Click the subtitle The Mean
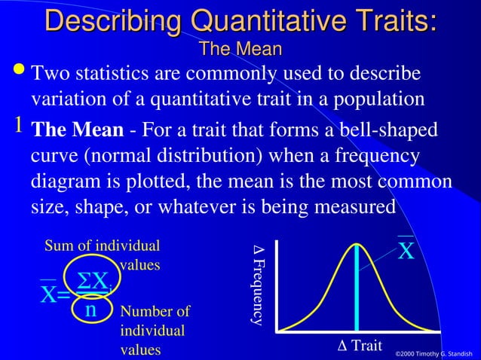240,50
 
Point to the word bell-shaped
389,130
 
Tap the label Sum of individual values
103,255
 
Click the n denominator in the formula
90,309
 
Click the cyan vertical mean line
357,286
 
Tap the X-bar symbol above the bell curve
406,250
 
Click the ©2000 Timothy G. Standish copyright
435,352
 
